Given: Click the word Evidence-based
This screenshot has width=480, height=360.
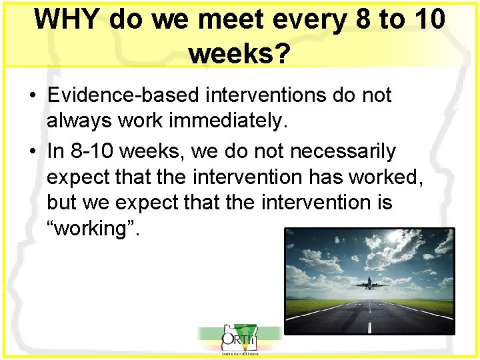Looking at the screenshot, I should [123, 96].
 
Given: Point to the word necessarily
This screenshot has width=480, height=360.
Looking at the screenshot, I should [343, 151].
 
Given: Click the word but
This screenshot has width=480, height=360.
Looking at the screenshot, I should [61, 203].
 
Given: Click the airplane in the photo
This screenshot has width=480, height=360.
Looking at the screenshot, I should [370, 285].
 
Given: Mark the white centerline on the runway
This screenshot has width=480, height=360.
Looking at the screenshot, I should [369, 320].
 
